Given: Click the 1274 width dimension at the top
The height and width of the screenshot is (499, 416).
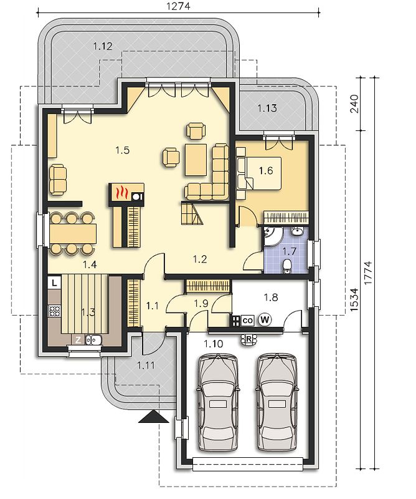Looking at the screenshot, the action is (178, 6).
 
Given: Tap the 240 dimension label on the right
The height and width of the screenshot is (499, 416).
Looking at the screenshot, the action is (354, 104).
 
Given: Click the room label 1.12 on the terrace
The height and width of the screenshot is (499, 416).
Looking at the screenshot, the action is (103, 46).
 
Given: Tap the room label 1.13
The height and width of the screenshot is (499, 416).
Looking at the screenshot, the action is (267, 108).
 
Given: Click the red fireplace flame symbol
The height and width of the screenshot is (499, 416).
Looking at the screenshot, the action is (121, 193).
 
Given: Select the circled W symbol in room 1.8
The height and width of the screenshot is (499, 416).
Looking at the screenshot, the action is (265, 319).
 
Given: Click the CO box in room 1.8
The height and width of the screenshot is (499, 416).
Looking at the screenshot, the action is (247, 320).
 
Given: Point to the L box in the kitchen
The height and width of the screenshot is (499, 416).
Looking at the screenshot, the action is (55, 283).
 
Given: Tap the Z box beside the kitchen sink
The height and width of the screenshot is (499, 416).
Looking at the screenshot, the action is (78, 340).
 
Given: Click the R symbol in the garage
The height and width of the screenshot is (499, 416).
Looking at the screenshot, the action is (249, 339).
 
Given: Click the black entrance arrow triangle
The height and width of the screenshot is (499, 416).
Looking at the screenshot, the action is (153, 416).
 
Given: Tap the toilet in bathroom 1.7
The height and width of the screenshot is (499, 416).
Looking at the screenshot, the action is (287, 266).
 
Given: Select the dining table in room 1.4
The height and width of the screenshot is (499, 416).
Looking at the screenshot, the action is (73, 233).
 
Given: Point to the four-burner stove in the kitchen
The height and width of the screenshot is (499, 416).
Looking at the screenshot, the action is (54, 311).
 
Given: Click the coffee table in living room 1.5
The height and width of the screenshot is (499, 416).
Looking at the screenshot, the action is (196, 160).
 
